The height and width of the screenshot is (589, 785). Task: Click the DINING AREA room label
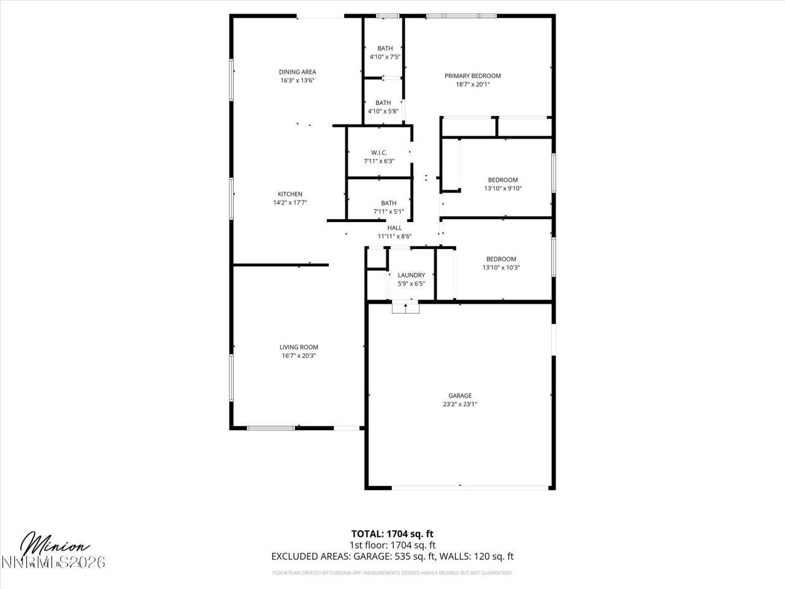pyautogui.click(x=297, y=72)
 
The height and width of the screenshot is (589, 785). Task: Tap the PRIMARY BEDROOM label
pyautogui.click(x=472, y=76)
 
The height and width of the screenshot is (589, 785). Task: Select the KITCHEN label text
pyautogui.click(x=289, y=194)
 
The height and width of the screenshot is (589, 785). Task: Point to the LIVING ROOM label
pyautogui.click(x=299, y=347)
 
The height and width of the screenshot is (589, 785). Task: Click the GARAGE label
pyautogui.click(x=459, y=396)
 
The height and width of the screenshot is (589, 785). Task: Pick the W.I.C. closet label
pyautogui.click(x=378, y=153)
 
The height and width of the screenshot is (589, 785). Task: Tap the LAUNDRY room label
pyautogui.click(x=411, y=275)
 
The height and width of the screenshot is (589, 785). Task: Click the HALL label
pyautogui.click(x=394, y=228)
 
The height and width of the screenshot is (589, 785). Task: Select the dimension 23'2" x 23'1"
pyautogui.click(x=459, y=404)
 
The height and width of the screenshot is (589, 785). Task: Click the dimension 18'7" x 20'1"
pyautogui.click(x=472, y=85)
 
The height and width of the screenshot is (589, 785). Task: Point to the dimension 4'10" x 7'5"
pyautogui.click(x=385, y=57)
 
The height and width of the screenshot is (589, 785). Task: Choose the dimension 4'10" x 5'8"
pyautogui.click(x=383, y=111)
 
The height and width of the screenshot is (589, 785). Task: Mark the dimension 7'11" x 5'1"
pyautogui.click(x=388, y=212)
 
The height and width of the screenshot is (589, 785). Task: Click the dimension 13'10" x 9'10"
pyautogui.click(x=502, y=189)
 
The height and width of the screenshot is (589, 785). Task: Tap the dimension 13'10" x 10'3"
pyautogui.click(x=501, y=268)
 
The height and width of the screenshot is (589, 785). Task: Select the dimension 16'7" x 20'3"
pyautogui.click(x=299, y=356)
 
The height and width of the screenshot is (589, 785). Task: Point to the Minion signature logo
pyautogui.click(x=55, y=545)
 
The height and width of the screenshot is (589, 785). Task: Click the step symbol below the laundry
pyautogui.click(x=405, y=307)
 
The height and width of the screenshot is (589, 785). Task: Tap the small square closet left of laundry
pyautogui.click(x=375, y=258)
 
